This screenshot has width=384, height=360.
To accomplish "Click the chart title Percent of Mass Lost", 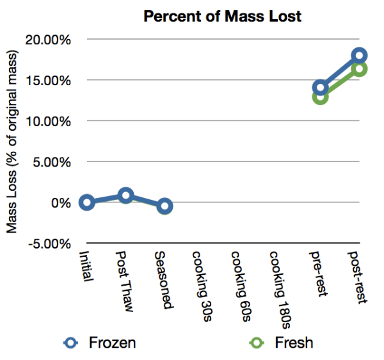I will click(x=222, y=17).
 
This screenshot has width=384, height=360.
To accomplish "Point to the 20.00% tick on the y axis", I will click(x=48, y=40).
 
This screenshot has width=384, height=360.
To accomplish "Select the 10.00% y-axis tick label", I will click(x=48, y=121).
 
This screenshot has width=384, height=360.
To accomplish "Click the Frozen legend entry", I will click(x=111, y=343).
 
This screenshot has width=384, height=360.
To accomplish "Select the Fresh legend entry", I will click(x=292, y=343).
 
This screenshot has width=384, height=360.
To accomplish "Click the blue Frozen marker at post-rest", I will click(x=359, y=56).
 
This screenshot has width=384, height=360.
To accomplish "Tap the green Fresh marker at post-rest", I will click(x=359, y=69).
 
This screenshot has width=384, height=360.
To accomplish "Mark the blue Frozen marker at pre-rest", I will click(x=321, y=88).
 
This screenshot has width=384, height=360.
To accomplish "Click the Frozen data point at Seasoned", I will click(x=164, y=206).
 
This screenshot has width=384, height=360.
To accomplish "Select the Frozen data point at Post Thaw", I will click(x=126, y=195).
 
